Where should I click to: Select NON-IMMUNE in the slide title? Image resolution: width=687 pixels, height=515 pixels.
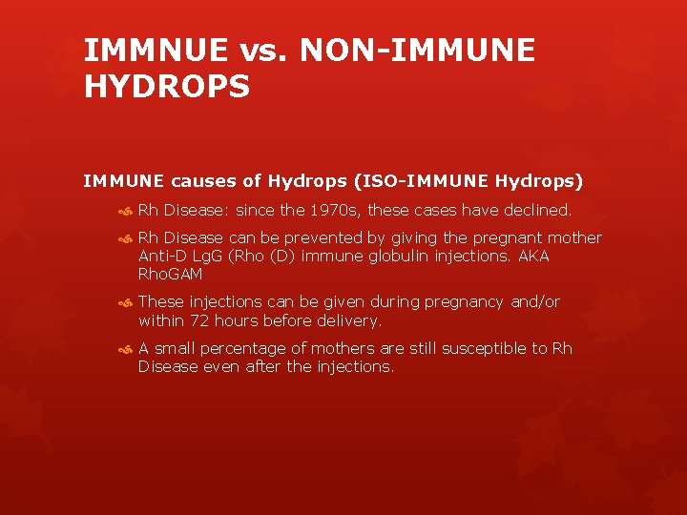click(x=417, y=51)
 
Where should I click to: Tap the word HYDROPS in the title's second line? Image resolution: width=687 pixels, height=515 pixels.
click(x=167, y=87)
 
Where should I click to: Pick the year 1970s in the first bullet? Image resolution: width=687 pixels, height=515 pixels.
click(x=331, y=210)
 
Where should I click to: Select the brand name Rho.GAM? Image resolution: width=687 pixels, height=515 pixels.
click(x=171, y=275)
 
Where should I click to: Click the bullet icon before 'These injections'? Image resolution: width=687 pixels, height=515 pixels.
click(x=123, y=302)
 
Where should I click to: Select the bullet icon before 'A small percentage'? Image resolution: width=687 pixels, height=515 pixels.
click(x=123, y=349)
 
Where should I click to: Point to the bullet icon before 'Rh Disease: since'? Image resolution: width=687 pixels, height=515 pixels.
click(x=123, y=211)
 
